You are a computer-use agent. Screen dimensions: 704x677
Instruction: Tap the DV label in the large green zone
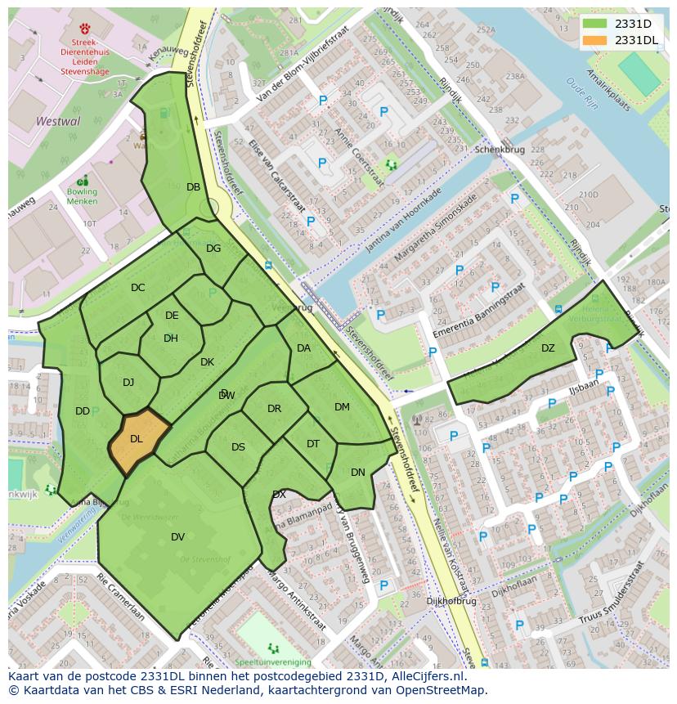point(177,537)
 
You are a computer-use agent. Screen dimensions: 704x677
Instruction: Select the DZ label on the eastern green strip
point(548,348)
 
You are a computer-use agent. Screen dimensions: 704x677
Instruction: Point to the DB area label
point(193,187)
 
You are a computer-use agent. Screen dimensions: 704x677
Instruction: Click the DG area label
point(213,249)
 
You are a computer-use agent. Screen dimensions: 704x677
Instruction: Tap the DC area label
point(137,288)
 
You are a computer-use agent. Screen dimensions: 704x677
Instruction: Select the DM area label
point(342,407)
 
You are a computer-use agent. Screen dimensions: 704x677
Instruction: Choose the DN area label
point(358,473)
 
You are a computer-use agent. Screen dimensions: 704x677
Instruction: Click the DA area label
point(303,348)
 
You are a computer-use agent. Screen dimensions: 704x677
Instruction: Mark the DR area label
point(274,409)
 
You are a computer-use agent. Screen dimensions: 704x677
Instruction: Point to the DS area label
point(238,447)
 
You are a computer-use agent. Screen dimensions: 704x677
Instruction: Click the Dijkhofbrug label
point(451,601)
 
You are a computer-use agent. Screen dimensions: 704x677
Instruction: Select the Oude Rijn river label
point(582,94)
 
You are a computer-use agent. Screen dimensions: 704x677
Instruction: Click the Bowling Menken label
point(82,197)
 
